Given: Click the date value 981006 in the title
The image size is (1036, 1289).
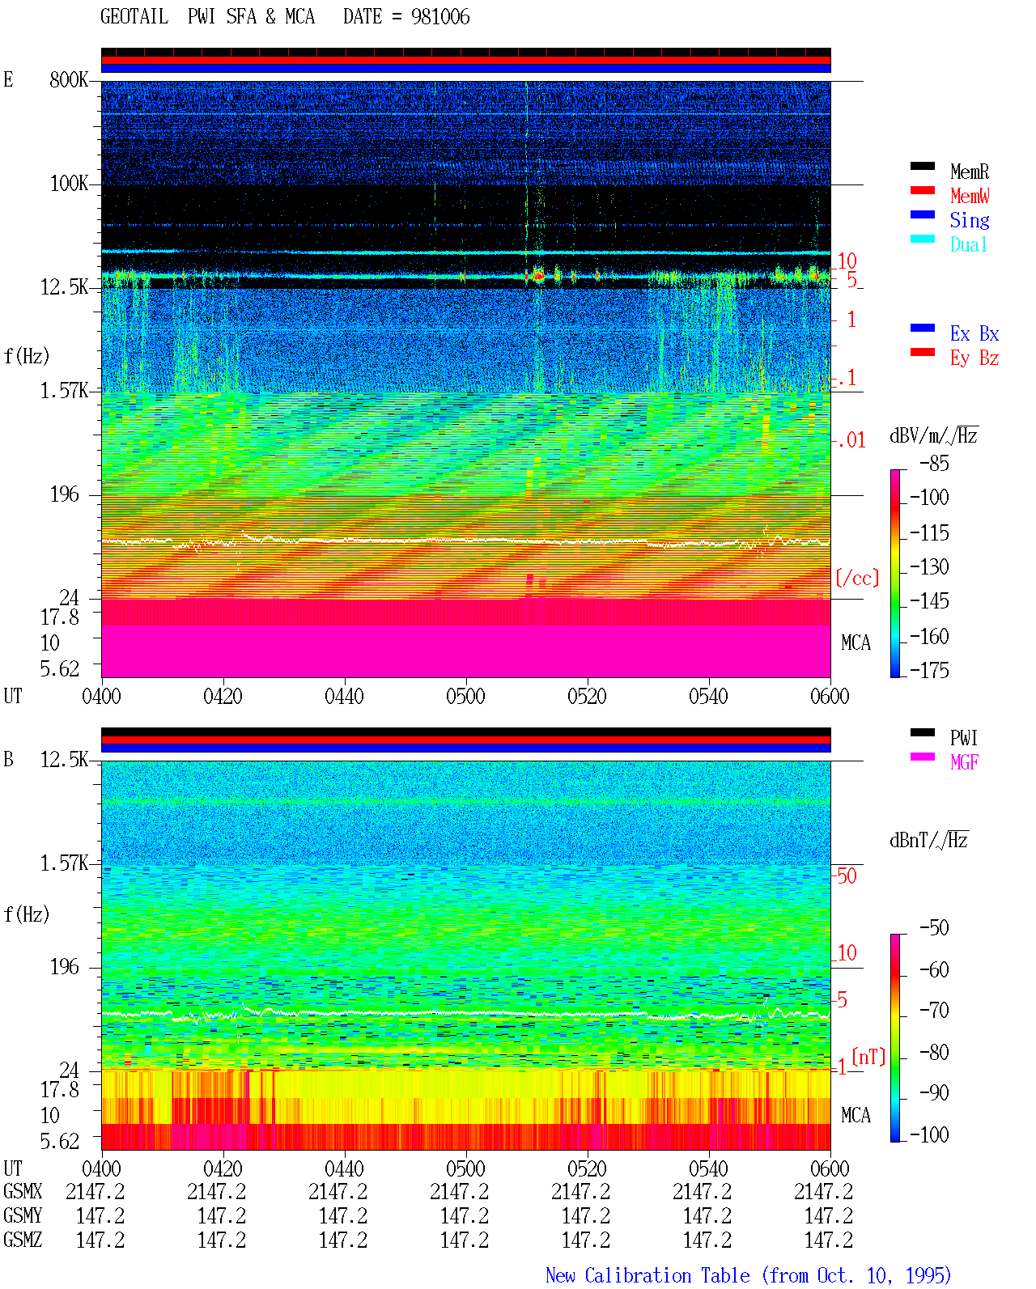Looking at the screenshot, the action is tap(439, 17).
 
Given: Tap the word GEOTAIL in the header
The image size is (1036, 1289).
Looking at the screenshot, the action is tap(134, 17).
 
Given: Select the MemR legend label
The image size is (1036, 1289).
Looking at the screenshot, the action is tap(969, 172).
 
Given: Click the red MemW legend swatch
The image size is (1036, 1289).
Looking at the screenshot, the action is tap(922, 190).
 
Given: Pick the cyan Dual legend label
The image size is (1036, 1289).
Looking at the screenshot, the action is tap(968, 244).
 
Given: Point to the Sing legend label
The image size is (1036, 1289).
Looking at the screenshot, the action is tap(969, 220).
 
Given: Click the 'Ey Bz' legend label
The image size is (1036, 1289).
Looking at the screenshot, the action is tap(974, 358).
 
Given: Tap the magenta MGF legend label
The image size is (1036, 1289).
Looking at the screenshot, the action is tap(964, 762).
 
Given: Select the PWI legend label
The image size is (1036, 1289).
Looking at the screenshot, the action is tap(963, 738).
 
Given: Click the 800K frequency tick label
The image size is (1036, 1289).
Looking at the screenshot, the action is tap(69, 79).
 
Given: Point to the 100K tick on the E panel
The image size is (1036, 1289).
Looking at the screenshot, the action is tap(69, 184).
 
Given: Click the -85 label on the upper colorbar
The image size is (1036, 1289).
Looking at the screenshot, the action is tap(934, 463).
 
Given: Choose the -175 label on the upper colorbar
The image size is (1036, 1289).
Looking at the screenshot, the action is tap(929, 670).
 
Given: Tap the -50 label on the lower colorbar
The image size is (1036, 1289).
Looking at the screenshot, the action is tap(934, 928).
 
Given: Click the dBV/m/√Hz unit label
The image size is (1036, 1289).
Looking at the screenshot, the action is tap(933, 435).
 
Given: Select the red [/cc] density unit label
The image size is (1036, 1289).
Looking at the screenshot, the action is tap(857, 578).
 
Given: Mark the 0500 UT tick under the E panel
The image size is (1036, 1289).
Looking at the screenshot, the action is tap(465, 696).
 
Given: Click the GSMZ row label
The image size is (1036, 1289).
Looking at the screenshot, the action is tap(23, 1240).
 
